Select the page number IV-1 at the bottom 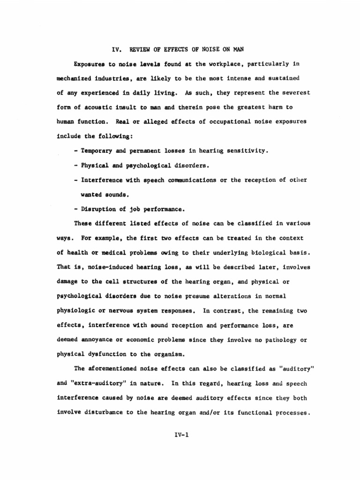(180, 435)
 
